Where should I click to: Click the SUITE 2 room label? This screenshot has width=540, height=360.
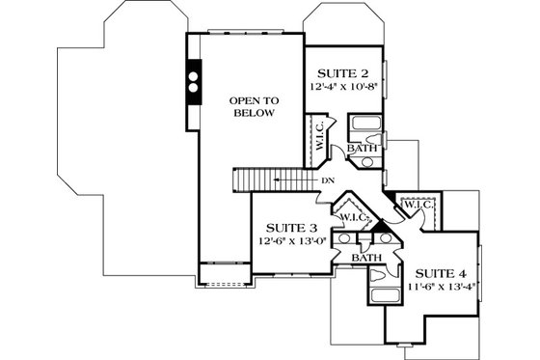tap(342, 72)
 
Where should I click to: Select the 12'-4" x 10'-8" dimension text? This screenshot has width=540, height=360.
tap(342, 86)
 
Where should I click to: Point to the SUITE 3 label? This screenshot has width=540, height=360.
tap(287, 227)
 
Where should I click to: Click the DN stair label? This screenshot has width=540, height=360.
tap(328, 180)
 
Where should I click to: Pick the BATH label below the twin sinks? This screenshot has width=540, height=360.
tap(364, 258)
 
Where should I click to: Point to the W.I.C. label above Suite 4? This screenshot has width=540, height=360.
tap(416, 205)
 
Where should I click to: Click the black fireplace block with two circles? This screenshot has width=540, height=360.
tap(193, 82)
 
